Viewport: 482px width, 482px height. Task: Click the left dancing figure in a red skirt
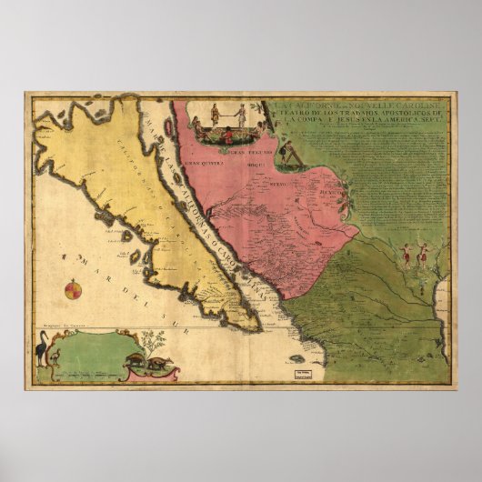tap(406, 254)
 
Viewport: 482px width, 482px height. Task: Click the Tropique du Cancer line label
tap(55, 325)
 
